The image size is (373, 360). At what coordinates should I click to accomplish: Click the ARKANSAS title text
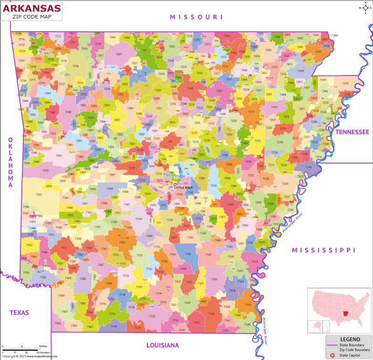32,8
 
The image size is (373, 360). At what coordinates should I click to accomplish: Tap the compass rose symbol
365,7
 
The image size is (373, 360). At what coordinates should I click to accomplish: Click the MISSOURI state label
196,17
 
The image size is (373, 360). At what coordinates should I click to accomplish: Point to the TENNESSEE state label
352,132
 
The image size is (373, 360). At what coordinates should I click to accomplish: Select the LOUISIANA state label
162,345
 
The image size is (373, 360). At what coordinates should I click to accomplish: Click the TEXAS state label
19,312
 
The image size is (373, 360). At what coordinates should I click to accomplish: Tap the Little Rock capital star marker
175,184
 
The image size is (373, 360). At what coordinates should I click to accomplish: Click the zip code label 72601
119,54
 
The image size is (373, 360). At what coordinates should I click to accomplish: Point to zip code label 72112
251,112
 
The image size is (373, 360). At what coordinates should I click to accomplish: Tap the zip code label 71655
214,279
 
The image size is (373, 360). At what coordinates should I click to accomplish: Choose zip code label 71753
112,314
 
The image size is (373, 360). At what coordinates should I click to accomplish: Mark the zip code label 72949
68,112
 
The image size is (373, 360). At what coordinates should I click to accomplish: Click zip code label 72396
280,142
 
